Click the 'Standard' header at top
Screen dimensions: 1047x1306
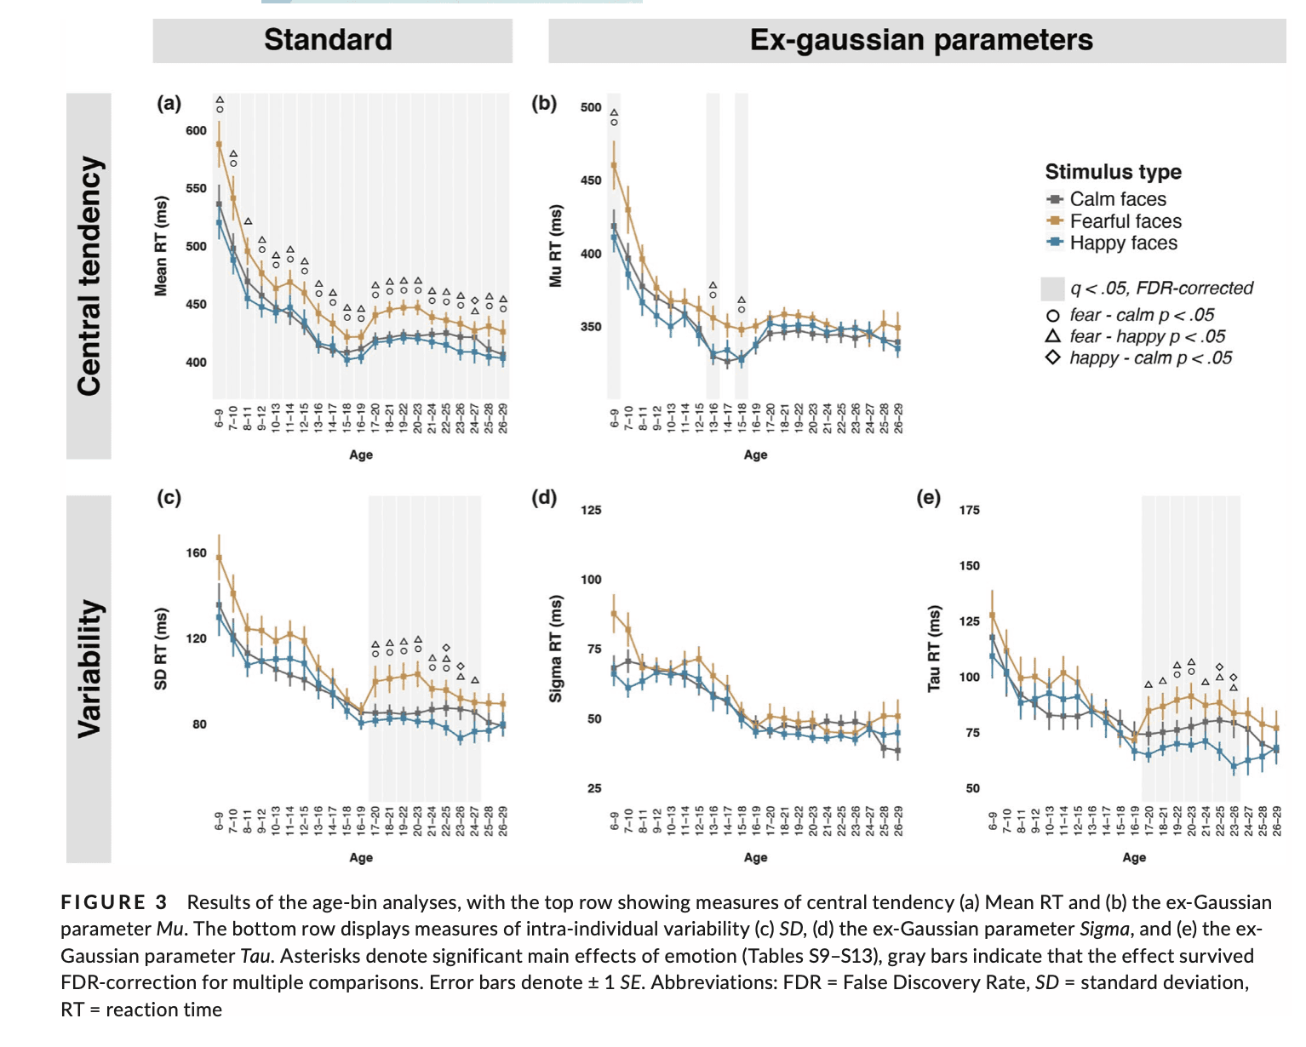tap(328, 40)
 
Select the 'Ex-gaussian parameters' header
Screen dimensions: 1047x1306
tap(920, 40)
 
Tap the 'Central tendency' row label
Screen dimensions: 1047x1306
tap(89, 276)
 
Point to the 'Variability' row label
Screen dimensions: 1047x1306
tap(89, 669)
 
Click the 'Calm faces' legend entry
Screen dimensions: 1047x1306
tap(1117, 199)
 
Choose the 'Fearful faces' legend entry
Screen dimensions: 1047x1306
tap(1125, 221)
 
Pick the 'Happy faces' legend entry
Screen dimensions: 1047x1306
tap(1123, 243)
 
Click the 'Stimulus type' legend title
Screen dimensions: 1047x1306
tap(1113, 172)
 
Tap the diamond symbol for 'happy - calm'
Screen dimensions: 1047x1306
tap(1053, 358)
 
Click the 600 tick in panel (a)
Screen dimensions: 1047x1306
tap(196, 130)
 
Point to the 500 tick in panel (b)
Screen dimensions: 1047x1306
tap(591, 107)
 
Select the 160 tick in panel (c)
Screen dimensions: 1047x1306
tap(196, 553)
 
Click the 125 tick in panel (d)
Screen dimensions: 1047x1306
tap(591, 510)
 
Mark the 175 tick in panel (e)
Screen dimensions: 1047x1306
tap(969, 510)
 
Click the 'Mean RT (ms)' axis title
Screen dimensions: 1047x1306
tap(161, 246)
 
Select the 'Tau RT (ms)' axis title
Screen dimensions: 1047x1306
tap(934, 648)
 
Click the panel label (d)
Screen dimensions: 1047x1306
tap(544, 497)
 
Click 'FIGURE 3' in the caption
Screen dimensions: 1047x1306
tap(114, 902)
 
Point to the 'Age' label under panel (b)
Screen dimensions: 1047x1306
tap(755, 455)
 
